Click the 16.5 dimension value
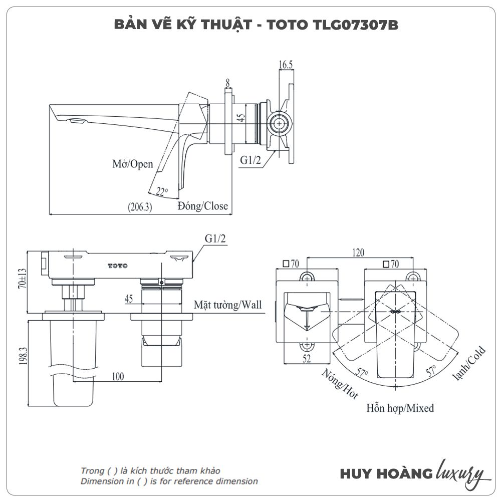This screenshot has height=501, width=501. tap(286, 65)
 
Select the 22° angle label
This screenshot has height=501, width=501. tap(161, 191)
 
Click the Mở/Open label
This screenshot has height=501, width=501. tap(133, 164)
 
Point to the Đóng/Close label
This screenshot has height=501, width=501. tap(202, 206)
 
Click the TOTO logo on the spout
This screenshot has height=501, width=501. tap(118, 266)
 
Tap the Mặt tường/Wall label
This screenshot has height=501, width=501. tap(228, 305)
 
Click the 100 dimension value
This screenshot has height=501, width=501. tap(118, 376)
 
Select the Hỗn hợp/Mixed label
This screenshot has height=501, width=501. tap(400, 408)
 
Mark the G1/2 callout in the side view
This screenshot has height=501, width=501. tap(250, 160)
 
